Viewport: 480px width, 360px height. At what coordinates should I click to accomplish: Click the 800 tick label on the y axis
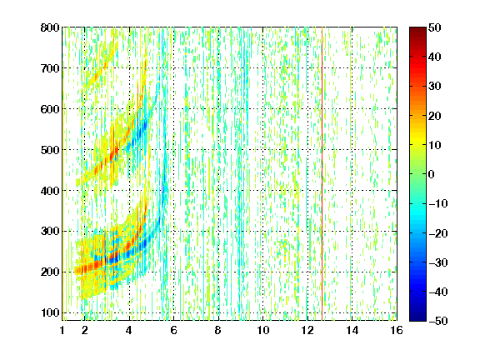point(50,27)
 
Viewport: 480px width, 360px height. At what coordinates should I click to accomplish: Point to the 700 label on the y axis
point(50,68)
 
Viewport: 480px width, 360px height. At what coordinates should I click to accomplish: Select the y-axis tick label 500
point(50,150)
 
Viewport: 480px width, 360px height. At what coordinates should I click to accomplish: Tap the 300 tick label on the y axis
point(50,232)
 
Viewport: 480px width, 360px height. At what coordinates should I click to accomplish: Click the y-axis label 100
point(50,312)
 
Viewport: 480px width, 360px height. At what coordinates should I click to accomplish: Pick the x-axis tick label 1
point(62,330)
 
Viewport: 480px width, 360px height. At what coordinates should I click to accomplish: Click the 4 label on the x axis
point(129,330)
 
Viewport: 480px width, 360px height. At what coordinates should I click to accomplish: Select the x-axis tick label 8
point(218,330)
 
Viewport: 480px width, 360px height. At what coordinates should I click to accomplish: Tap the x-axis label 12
point(307,330)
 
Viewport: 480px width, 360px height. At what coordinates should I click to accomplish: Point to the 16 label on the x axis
point(397,330)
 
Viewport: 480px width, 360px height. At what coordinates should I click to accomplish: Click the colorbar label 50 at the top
point(435,27)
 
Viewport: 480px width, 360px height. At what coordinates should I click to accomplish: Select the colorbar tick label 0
point(432,174)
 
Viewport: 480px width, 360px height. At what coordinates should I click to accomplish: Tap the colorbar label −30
point(438,262)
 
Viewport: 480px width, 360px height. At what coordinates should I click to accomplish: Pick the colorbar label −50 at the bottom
point(438,321)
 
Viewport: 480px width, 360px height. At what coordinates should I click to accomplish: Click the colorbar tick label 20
point(435,116)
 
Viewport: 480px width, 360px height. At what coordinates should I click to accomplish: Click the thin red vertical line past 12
point(322,174)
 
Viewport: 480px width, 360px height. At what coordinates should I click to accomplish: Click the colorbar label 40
point(435,57)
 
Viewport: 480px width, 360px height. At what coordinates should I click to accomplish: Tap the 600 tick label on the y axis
point(50,109)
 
